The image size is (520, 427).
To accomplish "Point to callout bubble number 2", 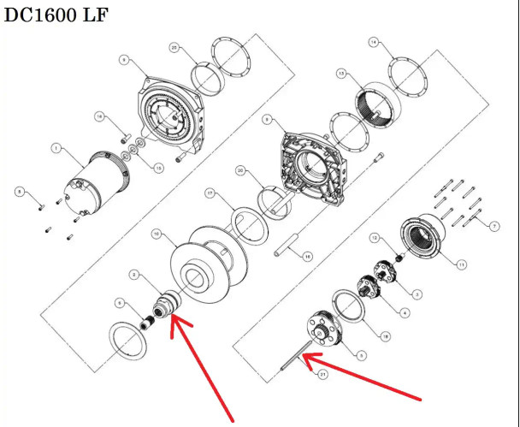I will click(x=134, y=274).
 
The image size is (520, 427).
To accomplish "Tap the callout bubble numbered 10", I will click(x=156, y=234).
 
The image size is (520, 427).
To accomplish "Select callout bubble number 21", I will click(x=322, y=374).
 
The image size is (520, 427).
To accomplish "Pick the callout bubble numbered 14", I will click(x=372, y=41).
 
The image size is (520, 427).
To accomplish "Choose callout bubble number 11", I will click(x=462, y=265).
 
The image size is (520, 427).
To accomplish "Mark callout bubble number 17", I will click(x=209, y=194).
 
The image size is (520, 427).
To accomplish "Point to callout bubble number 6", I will click(x=121, y=302).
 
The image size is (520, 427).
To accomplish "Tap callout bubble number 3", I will click(x=417, y=294).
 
